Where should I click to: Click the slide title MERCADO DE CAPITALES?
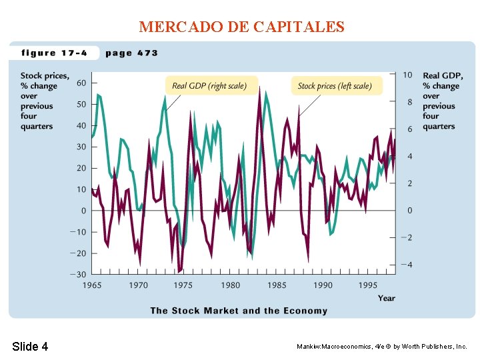click(x=241, y=27)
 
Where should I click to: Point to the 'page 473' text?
click(x=131, y=53)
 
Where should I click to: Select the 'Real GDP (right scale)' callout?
click(x=209, y=85)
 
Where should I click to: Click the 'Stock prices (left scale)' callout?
click(x=335, y=85)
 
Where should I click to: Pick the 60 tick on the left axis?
click(x=81, y=83)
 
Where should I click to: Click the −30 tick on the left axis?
click(x=78, y=275)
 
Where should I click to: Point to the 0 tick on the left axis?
click(x=83, y=211)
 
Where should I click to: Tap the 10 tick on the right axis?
click(x=407, y=75)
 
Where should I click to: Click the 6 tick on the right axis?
click(x=409, y=129)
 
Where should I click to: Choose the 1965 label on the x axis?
click(x=92, y=285)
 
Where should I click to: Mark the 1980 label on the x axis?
click(x=230, y=285)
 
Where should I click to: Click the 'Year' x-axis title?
click(x=386, y=298)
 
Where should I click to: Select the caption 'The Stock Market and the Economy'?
click(x=239, y=311)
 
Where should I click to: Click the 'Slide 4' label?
click(x=30, y=346)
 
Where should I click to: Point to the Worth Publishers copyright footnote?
click(x=382, y=347)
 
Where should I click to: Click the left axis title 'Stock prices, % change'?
click(x=43, y=101)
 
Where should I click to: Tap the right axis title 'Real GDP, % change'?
click(x=442, y=101)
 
